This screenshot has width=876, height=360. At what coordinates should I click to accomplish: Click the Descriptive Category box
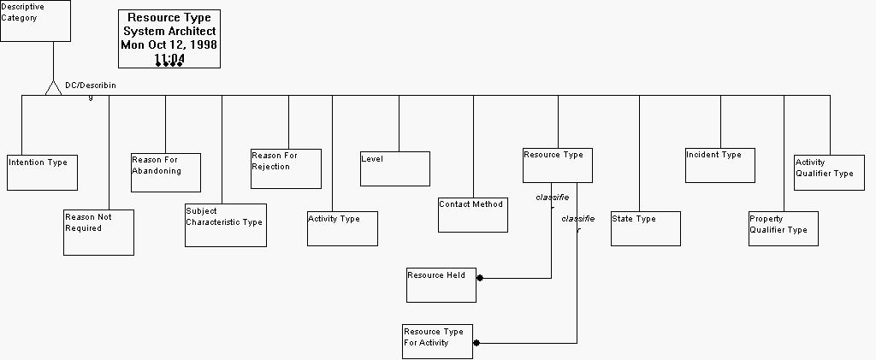[x=35, y=21]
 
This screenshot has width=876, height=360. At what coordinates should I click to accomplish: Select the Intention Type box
[x=43, y=173]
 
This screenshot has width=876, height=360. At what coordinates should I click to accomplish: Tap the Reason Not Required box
[x=98, y=232]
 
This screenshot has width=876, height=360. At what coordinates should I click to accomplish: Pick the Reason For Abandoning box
[x=166, y=173]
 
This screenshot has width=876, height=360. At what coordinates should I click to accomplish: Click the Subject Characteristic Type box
[x=226, y=225]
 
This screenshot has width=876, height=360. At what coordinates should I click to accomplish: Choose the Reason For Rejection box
[x=286, y=168]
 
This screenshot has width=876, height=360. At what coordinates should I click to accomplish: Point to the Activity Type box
[x=342, y=228]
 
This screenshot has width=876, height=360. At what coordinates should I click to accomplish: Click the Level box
[x=394, y=168]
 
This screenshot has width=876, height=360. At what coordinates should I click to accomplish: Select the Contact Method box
[x=473, y=215]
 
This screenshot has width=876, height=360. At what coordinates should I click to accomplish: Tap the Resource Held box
[x=441, y=285]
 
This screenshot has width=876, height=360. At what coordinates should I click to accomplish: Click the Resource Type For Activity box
[x=437, y=341]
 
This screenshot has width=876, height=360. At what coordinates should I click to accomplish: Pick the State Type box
[x=646, y=228]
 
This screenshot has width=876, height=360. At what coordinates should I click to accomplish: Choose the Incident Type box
[x=720, y=165]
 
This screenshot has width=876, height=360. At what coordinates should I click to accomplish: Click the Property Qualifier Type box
[x=783, y=228]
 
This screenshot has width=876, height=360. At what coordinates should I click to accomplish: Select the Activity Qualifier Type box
[x=829, y=172]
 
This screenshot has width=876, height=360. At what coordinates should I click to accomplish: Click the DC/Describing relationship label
[x=90, y=86]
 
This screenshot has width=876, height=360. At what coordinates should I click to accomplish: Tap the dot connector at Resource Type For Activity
[x=476, y=343]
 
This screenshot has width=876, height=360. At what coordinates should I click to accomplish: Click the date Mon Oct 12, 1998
[x=169, y=44]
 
